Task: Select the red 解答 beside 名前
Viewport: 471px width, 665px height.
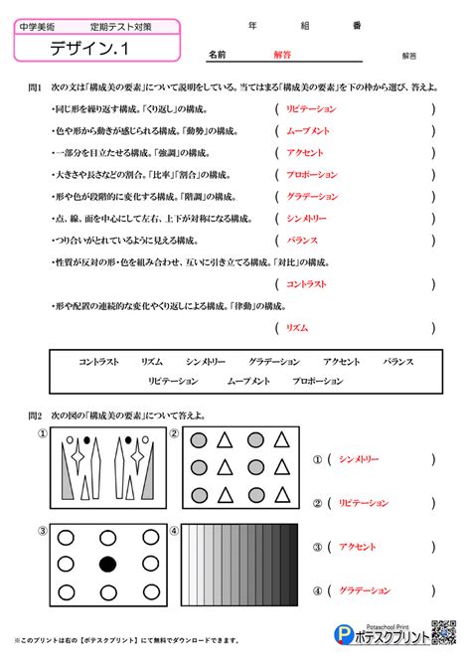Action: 283,57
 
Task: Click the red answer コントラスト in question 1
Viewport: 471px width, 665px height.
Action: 307,284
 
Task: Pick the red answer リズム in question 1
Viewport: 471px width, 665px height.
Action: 296,327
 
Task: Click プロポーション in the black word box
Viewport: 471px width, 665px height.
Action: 319,381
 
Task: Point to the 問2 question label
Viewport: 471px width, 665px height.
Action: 35,415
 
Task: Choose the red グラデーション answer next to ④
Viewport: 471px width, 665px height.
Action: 365,590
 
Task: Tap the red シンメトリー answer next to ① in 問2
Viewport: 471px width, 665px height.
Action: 359,459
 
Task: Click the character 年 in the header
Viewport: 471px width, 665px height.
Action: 252,27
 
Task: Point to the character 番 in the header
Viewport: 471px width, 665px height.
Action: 356,27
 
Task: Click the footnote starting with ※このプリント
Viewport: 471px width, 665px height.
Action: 129,641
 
